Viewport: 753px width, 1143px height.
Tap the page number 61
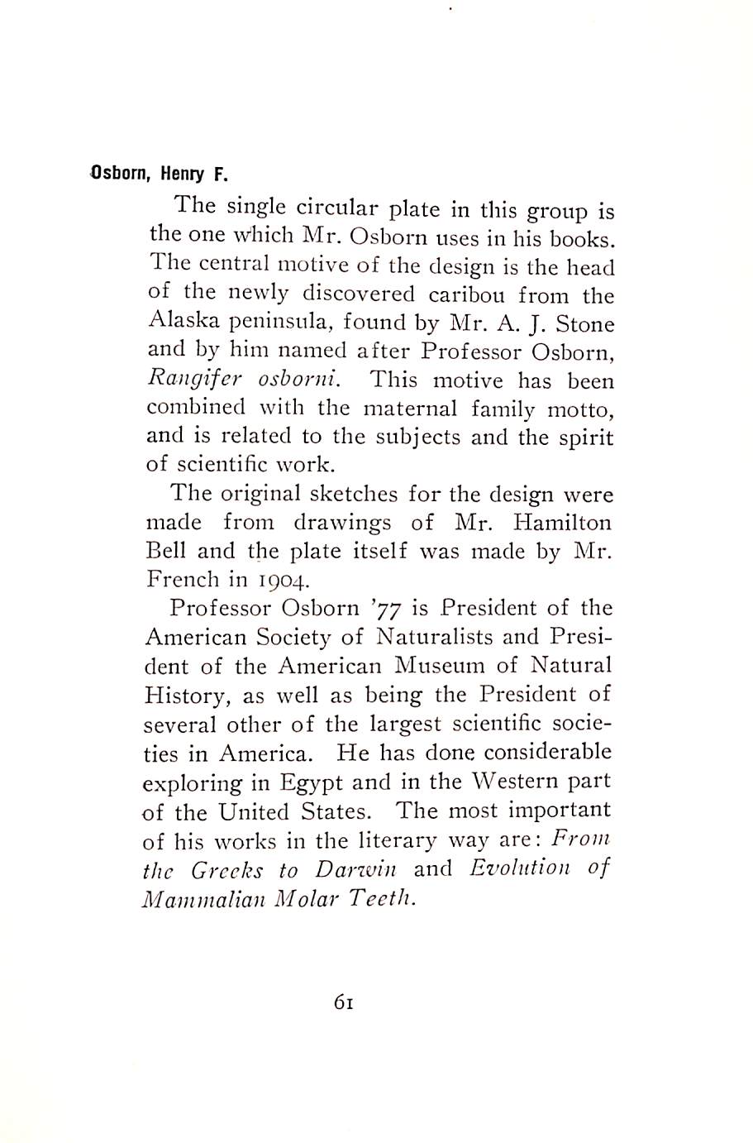tap(344, 1002)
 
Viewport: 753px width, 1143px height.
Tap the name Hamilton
tap(562, 523)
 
